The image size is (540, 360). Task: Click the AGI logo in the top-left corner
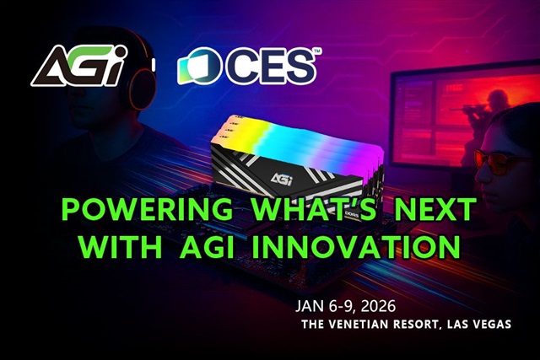[79, 66]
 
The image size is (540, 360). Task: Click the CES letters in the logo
[271, 67]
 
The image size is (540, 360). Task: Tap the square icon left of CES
[200, 66]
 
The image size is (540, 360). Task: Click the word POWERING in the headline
[147, 210]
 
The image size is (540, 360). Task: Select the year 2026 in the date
[378, 306]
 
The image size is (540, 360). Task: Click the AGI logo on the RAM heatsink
[282, 179]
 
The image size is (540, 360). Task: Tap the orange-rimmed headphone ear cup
[142, 88]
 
